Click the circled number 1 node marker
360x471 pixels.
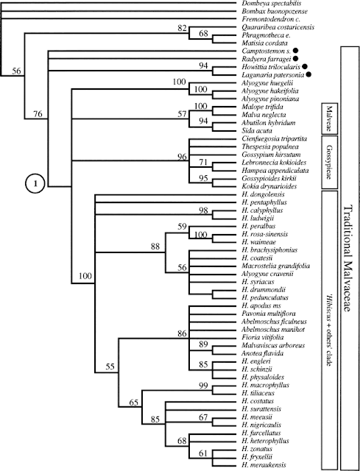click(x=35, y=183)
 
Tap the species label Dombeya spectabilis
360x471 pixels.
click(x=272, y=4)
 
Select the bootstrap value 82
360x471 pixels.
click(x=182, y=29)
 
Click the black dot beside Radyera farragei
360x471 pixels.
click(x=295, y=59)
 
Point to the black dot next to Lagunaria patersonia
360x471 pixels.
click(x=308, y=75)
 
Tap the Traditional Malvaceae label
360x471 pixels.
click(x=347, y=259)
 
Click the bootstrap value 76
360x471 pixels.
click(x=38, y=114)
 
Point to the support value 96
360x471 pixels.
click(x=182, y=157)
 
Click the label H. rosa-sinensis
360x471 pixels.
click(x=264, y=234)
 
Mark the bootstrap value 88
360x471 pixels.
click(x=155, y=247)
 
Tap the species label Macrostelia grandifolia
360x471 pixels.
click(x=275, y=266)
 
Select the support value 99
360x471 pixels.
click(x=204, y=386)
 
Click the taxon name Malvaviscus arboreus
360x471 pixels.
click(x=273, y=345)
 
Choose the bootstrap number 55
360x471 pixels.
click(x=110, y=366)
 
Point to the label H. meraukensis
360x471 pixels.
click(x=264, y=464)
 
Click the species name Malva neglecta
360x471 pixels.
click(x=264, y=115)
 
